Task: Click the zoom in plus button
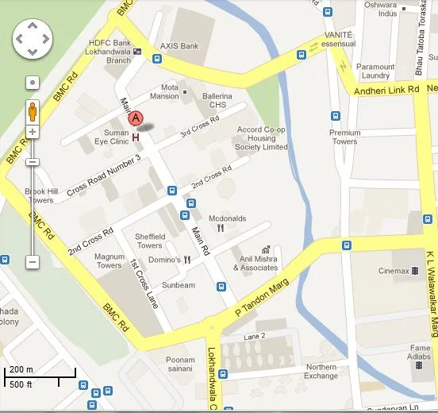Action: pos(33,132)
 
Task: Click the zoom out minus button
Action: pos(33,261)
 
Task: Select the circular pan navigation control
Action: pos(33,38)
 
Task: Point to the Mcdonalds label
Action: pos(227,218)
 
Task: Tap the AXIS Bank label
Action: pos(179,46)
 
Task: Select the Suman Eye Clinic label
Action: pos(110,137)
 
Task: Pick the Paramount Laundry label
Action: pos(375,71)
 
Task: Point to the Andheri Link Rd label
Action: pos(386,90)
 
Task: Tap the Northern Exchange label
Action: pos(321,371)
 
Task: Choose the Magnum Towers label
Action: pos(109,261)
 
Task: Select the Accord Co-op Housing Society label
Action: pos(261,138)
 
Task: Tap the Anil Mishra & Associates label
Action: pos(255,263)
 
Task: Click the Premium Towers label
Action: pos(344,137)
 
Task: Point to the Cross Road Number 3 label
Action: pos(103,176)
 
